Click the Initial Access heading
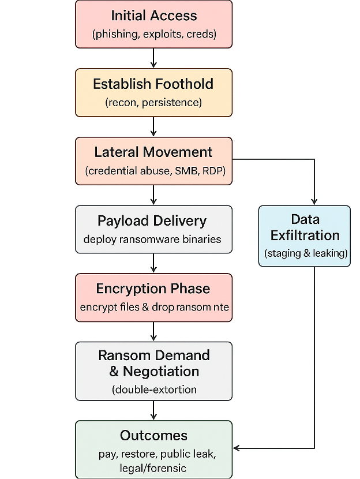pyautogui.click(x=154, y=16)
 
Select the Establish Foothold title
pyautogui.click(x=153, y=84)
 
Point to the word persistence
pyautogui.click(x=174, y=103)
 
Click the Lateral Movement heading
pyautogui.click(x=153, y=152)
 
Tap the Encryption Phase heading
pyautogui.click(x=153, y=289)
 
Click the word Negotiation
pyautogui.click(x=154, y=371)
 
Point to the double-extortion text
pyautogui.click(x=154, y=390)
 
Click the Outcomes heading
pyautogui.click(x=154, y=435)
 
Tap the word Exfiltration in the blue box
pyautogui.click(x=305, y=235)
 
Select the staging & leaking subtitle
pyautogui.click(x=305, y=253)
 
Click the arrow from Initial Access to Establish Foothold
pyautogui.click(x=154, y=58)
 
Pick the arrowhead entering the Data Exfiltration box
pyautogui.click(x=314, y=201)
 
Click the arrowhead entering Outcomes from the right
pyautogui.click(x=237, y=448)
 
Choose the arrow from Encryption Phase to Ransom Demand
pyautogui.click(x=154, y=331)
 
